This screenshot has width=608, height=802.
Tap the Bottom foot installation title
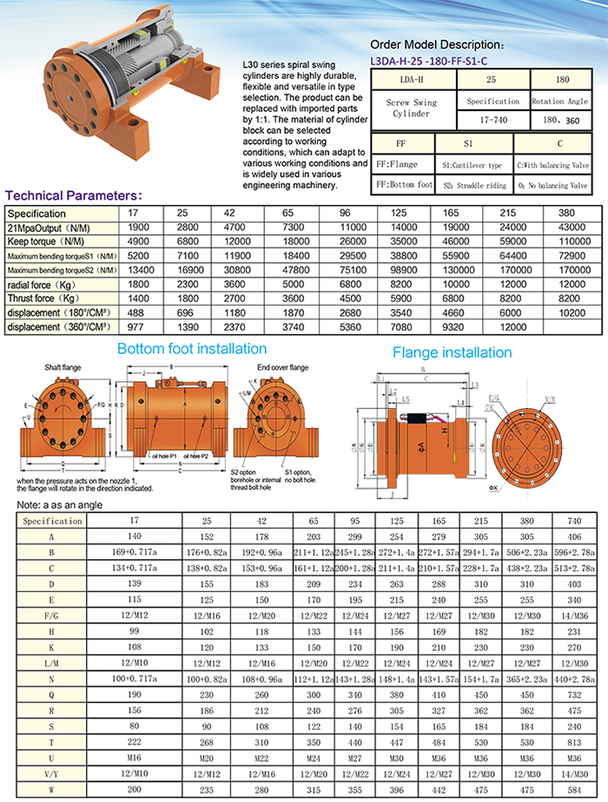tap(192, 348)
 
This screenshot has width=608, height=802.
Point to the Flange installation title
tap(452, 352)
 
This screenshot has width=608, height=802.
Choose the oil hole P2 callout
tap(208, 456)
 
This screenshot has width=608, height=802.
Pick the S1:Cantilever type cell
tap(472, 163)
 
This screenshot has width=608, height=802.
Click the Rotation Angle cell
tap(560, 102)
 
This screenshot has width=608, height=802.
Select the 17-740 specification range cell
tap(492, 119)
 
